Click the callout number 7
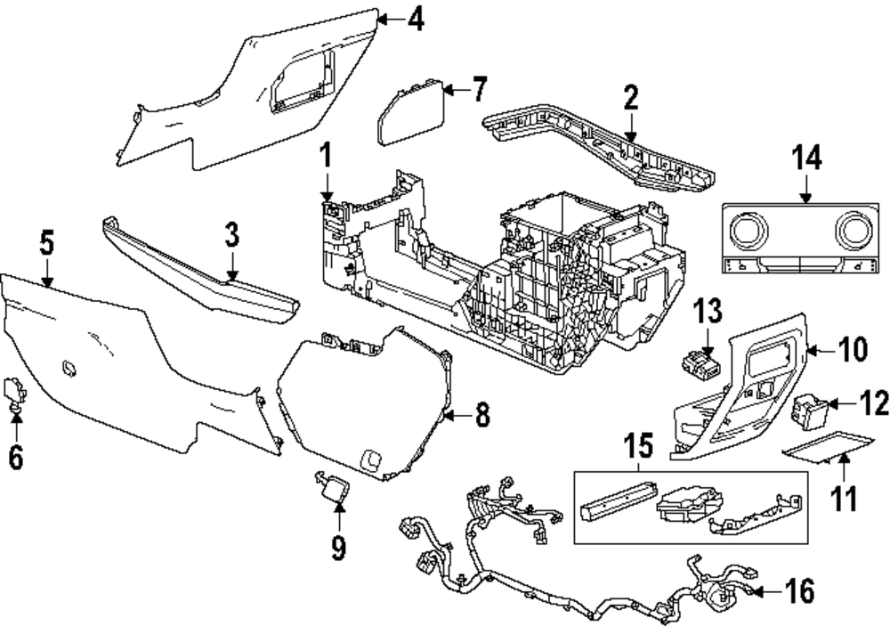479,89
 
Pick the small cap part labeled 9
335,487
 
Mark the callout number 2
631,98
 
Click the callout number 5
46,241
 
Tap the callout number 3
231,235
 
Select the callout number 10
852,351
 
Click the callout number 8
481,415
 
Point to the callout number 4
415,19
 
